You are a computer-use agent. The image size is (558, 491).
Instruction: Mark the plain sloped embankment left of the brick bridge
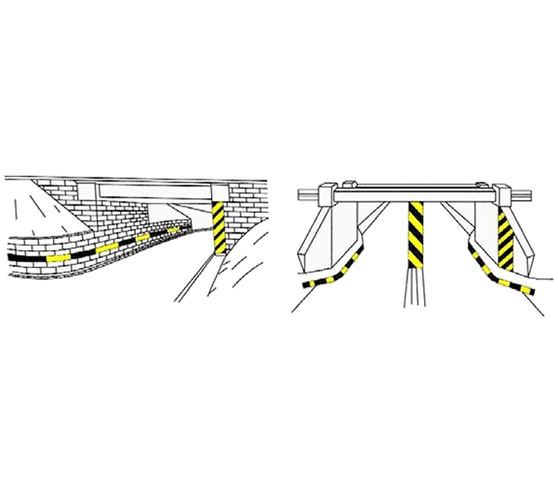point(33,209)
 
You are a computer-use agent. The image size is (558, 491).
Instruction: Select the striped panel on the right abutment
point(505,238)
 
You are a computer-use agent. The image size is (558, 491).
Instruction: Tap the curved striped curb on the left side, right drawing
point(335,275)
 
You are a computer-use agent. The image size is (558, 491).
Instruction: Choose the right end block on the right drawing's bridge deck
point(504,196)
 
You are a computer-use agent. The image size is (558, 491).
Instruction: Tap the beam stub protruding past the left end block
point(304,196)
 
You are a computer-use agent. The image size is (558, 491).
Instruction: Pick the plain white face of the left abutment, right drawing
point(321,237)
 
